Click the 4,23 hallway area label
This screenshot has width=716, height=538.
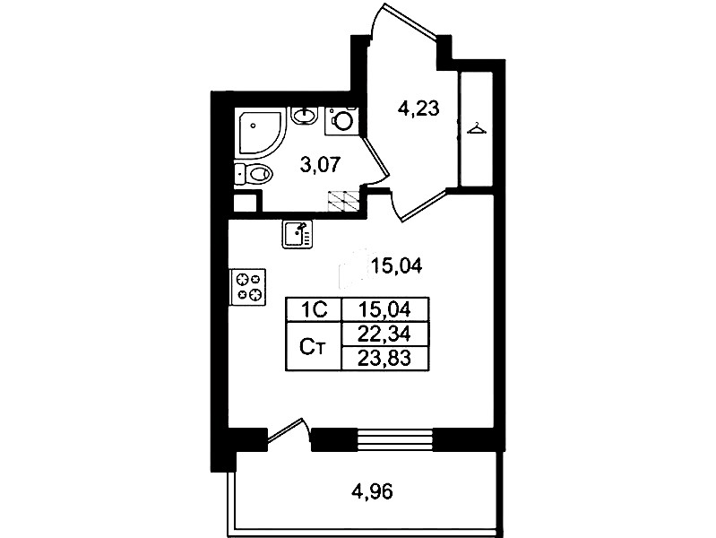coord(418,108)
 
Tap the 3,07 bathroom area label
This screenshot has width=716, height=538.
coord(320,164)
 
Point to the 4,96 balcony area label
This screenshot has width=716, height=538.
coord(372,491)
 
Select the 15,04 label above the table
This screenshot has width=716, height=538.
coord(396,265)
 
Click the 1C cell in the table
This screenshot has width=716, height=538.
coord(314,310)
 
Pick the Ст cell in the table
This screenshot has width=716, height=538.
coord(314,347)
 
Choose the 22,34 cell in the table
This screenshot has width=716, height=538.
coord(385,334)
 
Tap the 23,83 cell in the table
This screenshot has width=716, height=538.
coord(385,359)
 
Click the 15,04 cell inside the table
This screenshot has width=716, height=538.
coord(385,310)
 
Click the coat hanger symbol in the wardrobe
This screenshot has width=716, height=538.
coord(476,128)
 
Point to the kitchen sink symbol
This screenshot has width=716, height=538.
coord(298,234)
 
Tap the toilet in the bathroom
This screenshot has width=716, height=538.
coord(254,174)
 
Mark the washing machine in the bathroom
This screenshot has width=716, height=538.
coord(341,121)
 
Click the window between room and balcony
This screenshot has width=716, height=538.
coord(394,439)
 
